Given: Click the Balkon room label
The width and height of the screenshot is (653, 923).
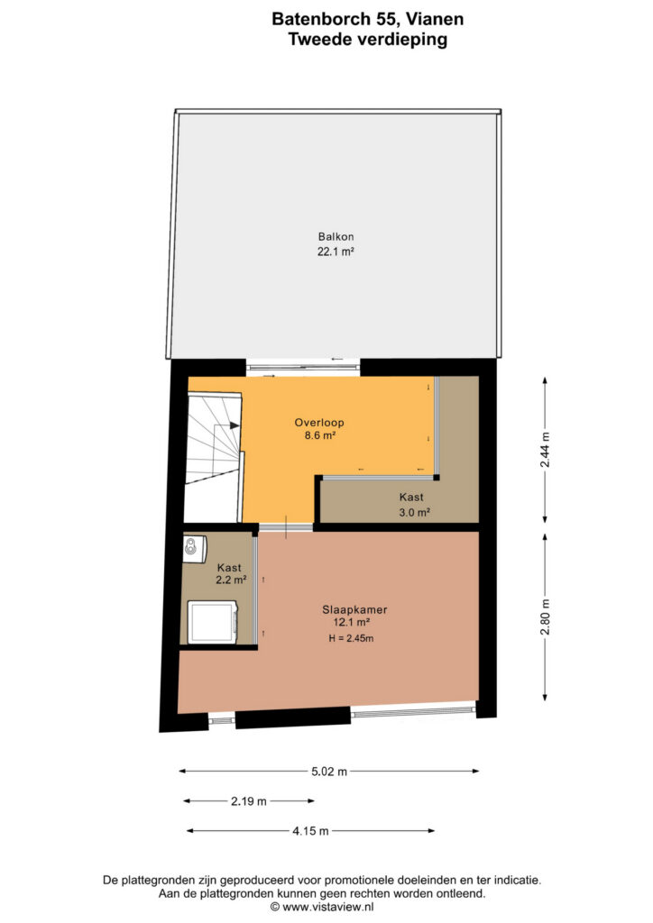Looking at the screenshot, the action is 336,237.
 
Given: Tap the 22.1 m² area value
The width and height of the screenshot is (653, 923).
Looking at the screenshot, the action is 336,251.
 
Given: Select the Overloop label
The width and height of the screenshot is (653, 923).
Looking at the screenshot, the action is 319,423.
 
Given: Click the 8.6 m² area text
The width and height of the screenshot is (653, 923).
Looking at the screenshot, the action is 319,435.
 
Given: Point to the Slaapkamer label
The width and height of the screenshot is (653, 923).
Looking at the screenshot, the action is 354,610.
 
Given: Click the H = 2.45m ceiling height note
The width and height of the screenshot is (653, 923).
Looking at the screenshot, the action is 351,638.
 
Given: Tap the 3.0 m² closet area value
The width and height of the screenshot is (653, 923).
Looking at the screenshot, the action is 414,512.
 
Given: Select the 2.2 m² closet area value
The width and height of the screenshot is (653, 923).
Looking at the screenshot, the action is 231,580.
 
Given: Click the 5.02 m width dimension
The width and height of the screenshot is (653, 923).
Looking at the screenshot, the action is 329,772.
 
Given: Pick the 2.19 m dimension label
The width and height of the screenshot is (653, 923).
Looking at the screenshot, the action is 248,801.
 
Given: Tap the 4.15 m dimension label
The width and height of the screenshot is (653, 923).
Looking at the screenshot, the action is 310,831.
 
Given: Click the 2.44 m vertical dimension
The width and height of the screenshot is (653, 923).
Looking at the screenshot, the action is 546,450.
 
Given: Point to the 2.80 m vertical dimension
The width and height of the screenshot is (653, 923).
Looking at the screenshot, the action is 546,617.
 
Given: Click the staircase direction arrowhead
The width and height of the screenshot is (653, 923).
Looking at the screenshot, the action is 235,425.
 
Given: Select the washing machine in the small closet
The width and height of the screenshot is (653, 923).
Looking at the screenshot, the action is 213,622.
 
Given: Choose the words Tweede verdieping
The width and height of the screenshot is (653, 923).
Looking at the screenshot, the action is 367,40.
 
